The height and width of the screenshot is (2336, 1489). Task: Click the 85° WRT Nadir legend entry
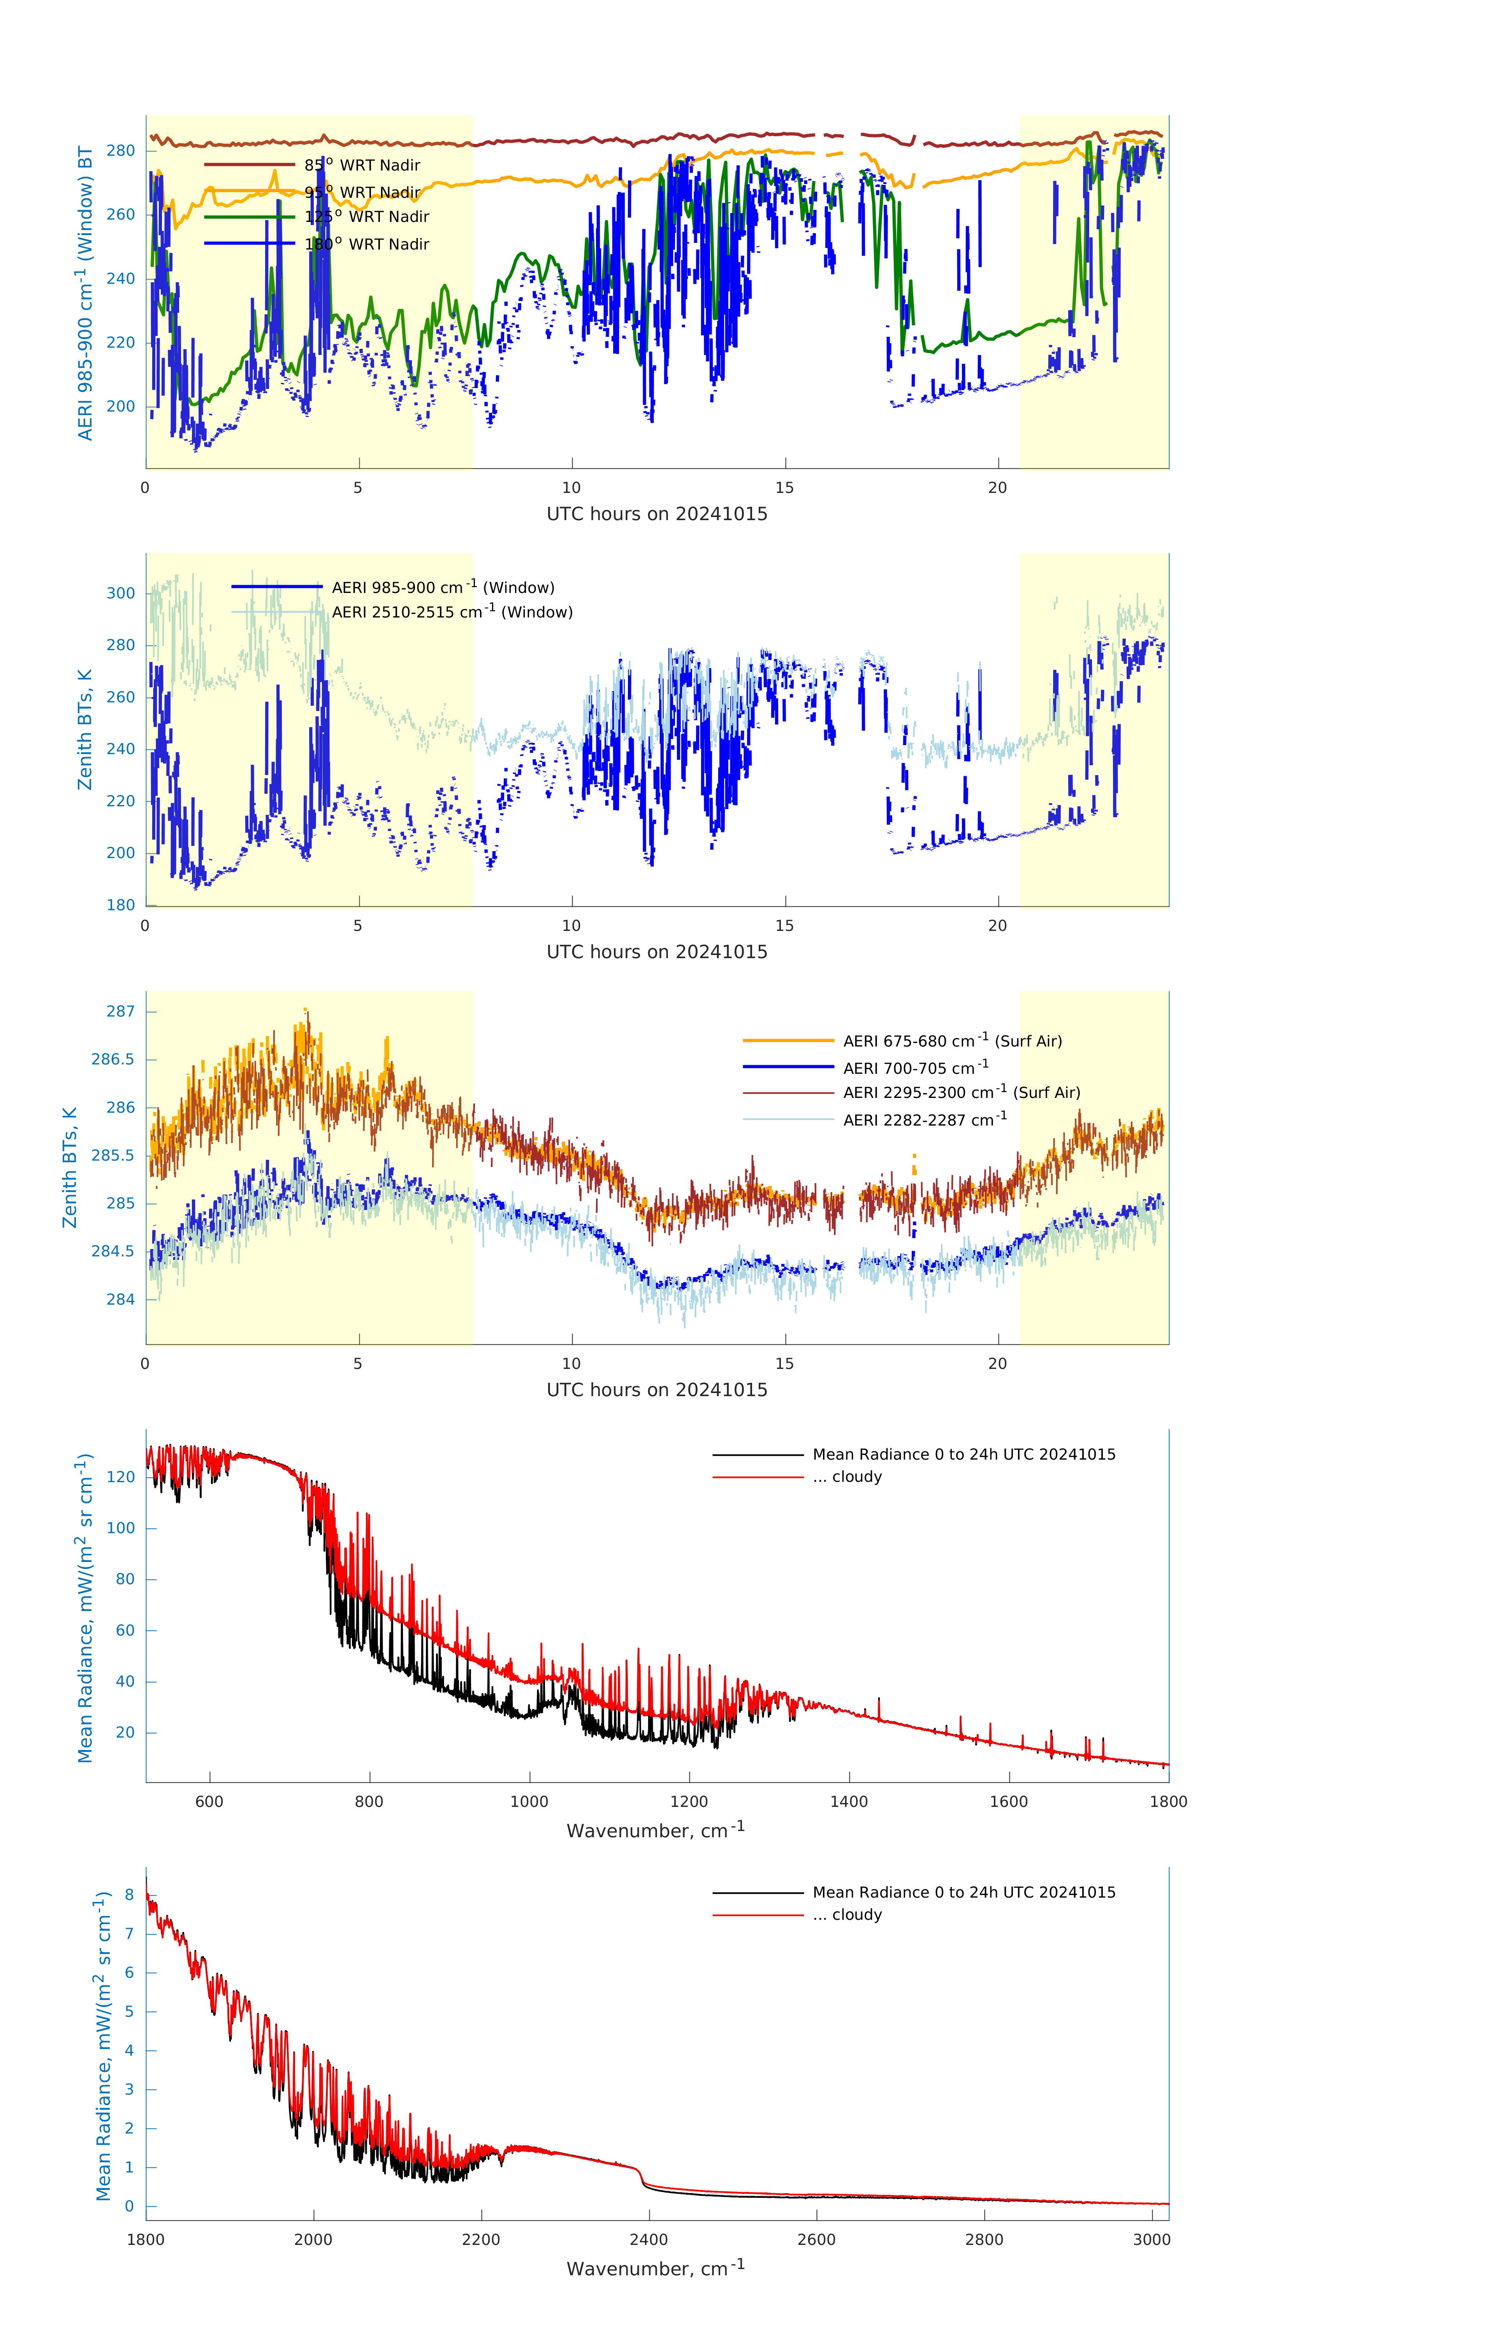pyautogui.click(x=362, y=165)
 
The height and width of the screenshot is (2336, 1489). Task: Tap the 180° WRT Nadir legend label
pyautogui.click(x=367, y=245)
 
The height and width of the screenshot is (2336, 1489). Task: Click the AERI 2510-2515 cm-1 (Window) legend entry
pyautogui.click(x=452, y=612)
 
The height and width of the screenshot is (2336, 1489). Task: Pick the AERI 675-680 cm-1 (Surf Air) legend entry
pyautogui.click(x=952, y=1041)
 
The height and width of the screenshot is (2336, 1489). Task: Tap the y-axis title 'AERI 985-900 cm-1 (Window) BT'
pyautogui.click(x=85, y=293)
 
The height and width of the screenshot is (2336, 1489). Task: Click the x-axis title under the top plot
pyautogui.click(x=657, y=514)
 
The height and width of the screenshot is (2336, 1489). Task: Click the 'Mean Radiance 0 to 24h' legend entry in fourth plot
pyautogui.click(x=963, y=1455)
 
